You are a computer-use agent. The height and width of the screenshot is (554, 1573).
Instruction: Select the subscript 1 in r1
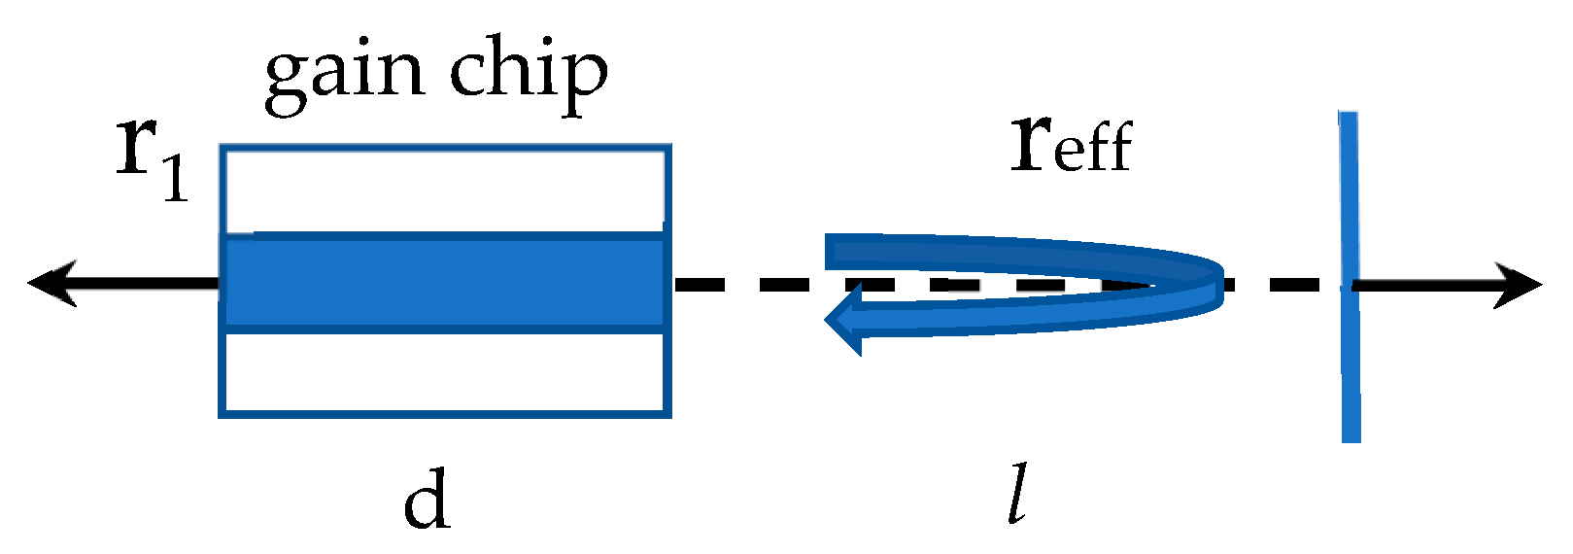pos(175,178)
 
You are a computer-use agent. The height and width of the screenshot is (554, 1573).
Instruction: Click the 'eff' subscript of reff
pos(1092,151)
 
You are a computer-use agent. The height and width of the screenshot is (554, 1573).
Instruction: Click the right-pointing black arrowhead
pos(1521,285)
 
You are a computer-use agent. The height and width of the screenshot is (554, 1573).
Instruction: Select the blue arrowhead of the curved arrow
pos(843,320)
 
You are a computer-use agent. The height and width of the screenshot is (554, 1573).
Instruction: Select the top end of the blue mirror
pos(1348,117)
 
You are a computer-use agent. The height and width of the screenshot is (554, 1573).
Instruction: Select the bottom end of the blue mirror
pos(1351,437)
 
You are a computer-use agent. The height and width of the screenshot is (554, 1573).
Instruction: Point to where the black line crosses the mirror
pos(1350,286)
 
